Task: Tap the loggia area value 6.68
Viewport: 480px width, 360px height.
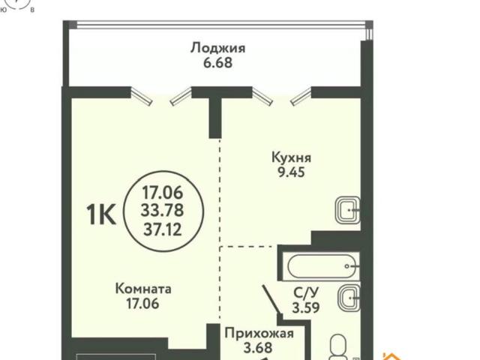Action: click(217, 64)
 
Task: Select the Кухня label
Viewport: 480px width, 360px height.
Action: click(292, 158)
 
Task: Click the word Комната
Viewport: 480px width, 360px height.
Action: click(144, 288)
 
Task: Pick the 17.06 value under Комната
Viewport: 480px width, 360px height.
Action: click(144, 304)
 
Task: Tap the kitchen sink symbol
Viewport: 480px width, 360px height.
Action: click(347, 211)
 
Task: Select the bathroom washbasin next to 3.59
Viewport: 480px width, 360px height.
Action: click(347, 298)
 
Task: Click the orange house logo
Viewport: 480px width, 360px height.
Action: click(391, 355)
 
